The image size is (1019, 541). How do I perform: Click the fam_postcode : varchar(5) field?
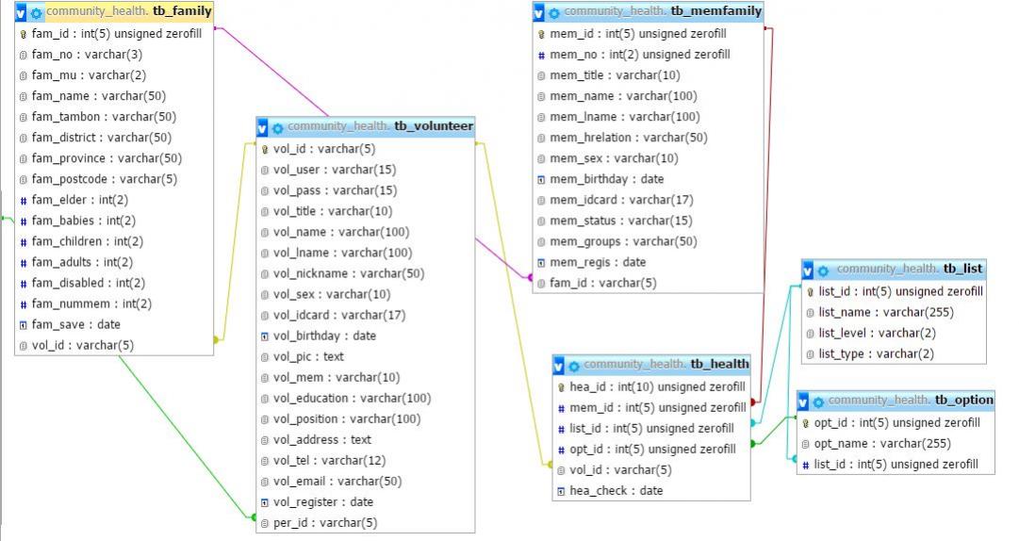(x=104, y=179)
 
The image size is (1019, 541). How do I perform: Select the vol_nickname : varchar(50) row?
(x=349, y=273)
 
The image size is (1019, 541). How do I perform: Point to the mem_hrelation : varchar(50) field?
(x=628, y=138)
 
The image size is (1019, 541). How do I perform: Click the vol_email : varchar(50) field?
(x=337, y=481)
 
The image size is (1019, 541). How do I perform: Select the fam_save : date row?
(x=75, y=324)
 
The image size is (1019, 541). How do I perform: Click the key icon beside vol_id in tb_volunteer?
(x=265, y=149)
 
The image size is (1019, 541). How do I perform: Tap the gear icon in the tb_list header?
(x=822, y=270)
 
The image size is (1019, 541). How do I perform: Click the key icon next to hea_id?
(x=562, y=386)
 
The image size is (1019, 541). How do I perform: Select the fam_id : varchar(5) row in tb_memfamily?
(x=602, y=283)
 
